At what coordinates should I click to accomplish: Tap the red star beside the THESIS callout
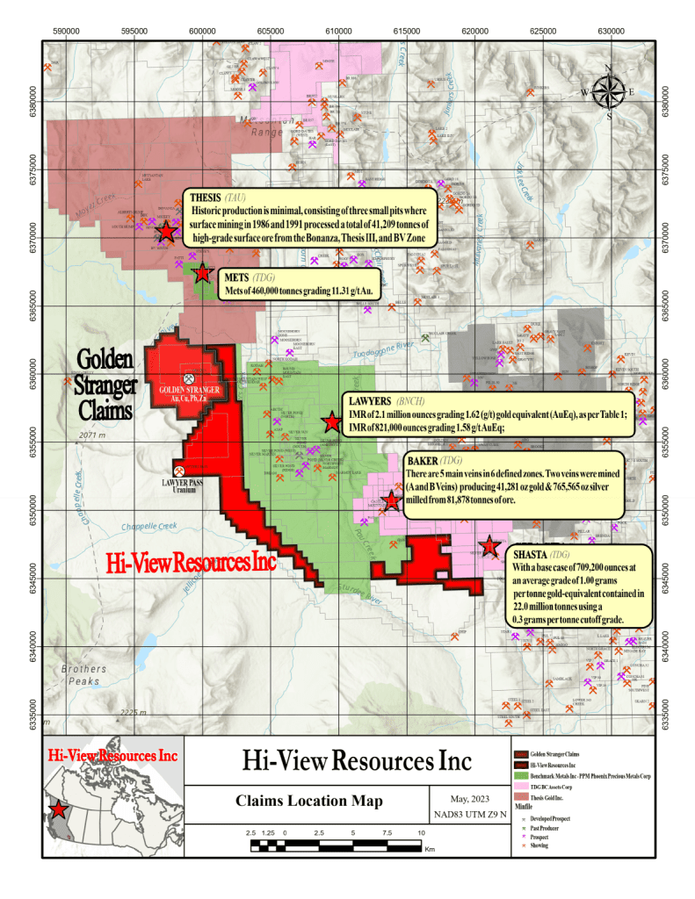(166, 232)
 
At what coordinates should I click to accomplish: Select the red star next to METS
(202, 273)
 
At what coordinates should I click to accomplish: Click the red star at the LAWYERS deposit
(331, 422)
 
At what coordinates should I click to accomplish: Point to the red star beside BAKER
(391, 502)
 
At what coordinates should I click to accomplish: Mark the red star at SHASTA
(489, 547)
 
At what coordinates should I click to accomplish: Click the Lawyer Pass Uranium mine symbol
(178, 471)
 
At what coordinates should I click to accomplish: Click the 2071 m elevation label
(91, 435)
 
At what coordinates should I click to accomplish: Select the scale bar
(337, 846)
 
